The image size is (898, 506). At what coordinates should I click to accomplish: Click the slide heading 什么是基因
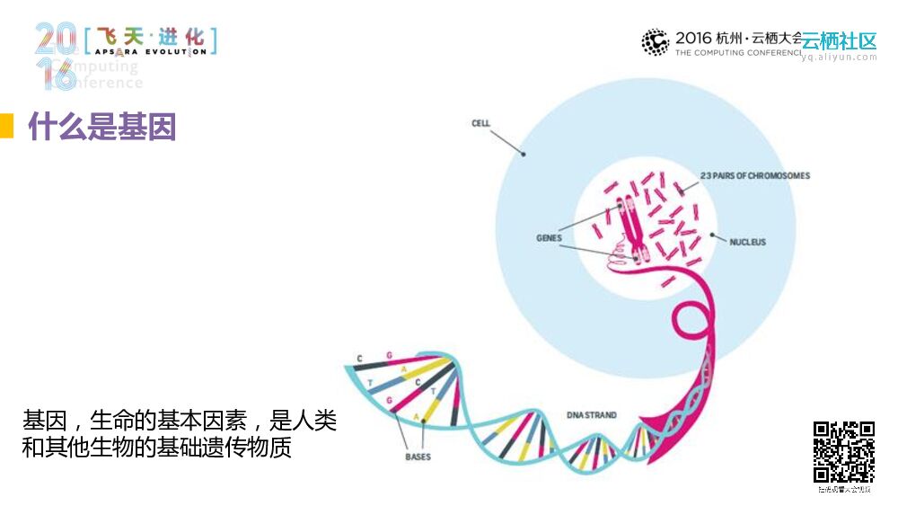(x=101, y=128)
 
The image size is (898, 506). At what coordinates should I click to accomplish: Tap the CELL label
(x=481, y=123)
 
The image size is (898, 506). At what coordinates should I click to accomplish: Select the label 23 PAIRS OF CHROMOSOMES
(x=754, y=175)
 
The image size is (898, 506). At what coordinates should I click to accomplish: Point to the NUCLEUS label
(x=747, y=242)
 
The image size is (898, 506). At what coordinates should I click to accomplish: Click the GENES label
(x=549, y=238)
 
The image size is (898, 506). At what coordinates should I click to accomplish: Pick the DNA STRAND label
(x=591, y=415)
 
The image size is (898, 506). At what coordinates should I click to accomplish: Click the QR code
(x=843, y=452)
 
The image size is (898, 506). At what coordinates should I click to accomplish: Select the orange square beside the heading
(x=6, y=127)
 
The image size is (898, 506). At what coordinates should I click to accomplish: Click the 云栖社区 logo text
(x=839, y=41)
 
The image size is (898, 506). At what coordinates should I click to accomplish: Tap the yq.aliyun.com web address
(x=839, y=58)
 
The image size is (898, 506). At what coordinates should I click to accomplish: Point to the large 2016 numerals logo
(x=56, y=56)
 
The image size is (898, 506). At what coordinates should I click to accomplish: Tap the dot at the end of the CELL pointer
(x=524, y=154)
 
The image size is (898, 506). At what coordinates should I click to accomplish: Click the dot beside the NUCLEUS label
(x=713, y=236)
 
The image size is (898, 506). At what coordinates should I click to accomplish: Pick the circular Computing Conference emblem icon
(x=656, y=42)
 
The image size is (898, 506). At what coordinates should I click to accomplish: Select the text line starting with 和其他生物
(x=157, y=447)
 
